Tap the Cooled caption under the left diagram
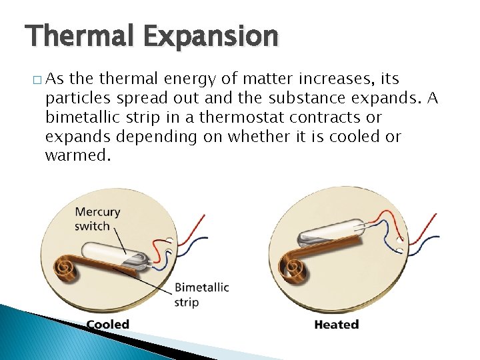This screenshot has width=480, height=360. tap(107, 325)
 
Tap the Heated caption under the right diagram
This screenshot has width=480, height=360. tap(336, 325)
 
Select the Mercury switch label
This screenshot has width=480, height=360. tap(97, 219)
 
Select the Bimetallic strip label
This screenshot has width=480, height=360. tap(201, 295)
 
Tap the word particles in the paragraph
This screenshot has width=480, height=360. tap(77, 99)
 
